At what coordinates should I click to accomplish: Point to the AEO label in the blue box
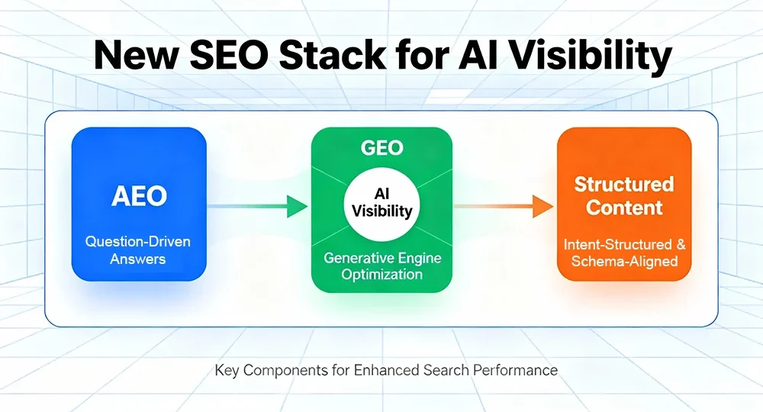tap(138, 196)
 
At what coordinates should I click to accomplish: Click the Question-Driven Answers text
tap(138, 250)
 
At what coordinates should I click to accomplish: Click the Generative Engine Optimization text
tap(382, 266)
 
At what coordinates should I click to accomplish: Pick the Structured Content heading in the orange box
tap(624, 195)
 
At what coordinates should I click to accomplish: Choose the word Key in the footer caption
tap(226, 371)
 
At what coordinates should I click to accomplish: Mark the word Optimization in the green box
tap(382, 275)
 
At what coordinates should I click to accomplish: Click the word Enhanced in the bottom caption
tap(386, 371)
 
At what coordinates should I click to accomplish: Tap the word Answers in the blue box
tap(138, 259)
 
